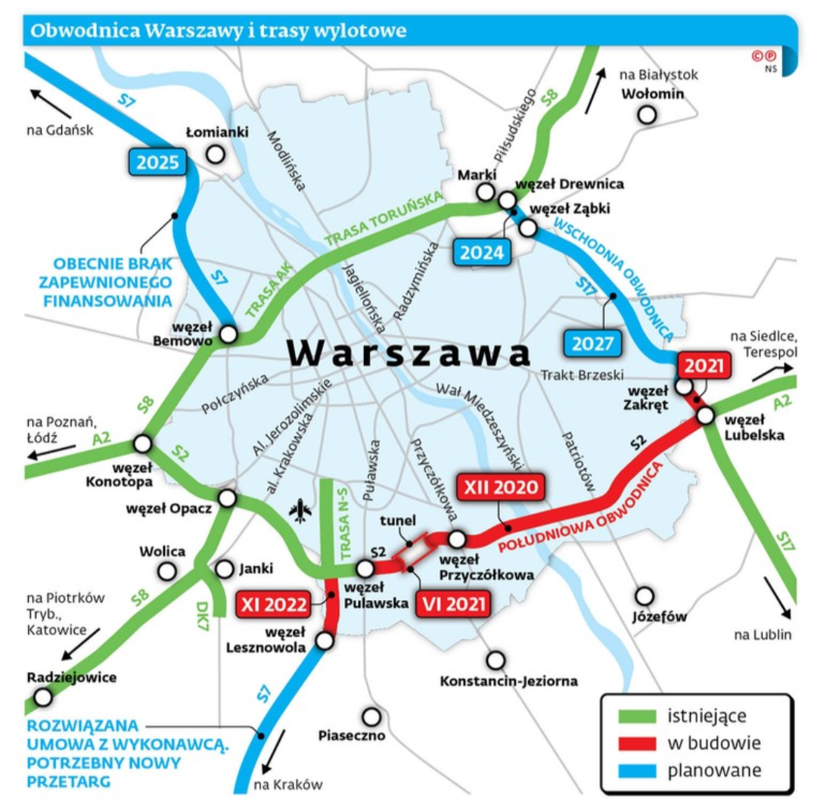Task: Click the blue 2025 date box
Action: click(x=159, y=162)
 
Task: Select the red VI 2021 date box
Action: click(x=452, y=605)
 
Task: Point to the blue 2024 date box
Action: click(x=483, y=253)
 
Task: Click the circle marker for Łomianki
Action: click(x=216, y=154)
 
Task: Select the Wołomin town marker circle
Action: click(x=647, y=115)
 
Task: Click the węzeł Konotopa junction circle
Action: click(x=142, y=443)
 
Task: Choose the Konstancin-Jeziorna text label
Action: click(x=508, y=681)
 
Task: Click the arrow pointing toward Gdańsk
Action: click(x=51, y=104)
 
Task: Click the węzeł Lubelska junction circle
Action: click(x=705, y=415)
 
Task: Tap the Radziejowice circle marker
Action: click(x=43, y=698)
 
